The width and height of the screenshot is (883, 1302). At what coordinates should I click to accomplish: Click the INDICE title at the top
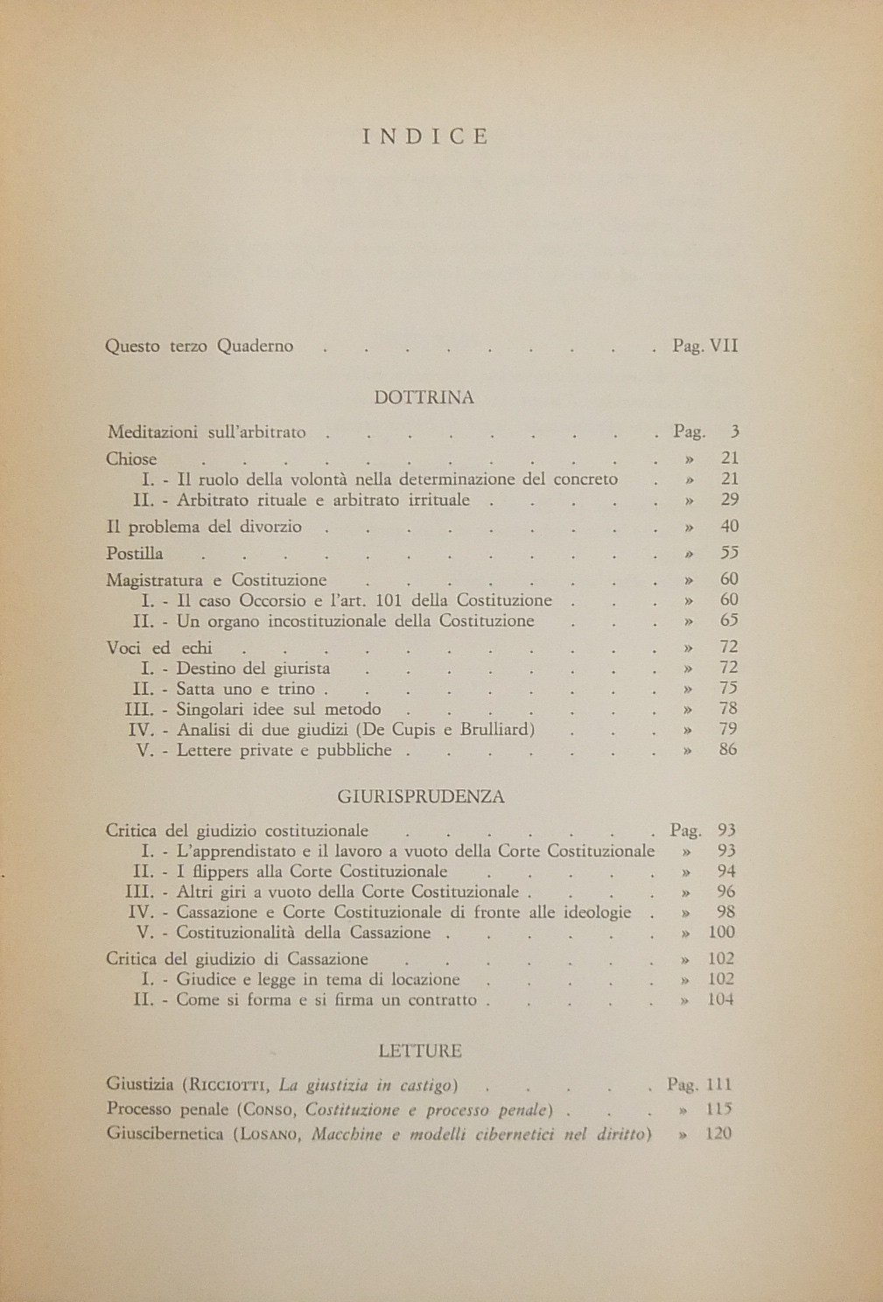coord(425,136)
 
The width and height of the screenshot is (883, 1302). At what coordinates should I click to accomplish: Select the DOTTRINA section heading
coord(424,397)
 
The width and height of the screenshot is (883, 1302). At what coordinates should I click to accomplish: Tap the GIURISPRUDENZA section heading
coord(420,797)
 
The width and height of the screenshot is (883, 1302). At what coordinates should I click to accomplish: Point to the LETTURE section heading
coord(420,1051)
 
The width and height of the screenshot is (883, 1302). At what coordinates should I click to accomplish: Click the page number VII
coord(724,346)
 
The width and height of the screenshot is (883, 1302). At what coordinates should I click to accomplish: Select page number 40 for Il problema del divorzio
coord(729,527)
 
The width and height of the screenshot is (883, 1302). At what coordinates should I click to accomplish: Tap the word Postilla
coord(134,554)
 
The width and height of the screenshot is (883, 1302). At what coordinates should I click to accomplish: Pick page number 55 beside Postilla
coord(729,554)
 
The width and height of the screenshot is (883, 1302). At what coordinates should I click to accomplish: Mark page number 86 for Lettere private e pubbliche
coord(728,750)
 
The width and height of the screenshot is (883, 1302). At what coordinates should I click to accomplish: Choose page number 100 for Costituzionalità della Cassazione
coord(722,933)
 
